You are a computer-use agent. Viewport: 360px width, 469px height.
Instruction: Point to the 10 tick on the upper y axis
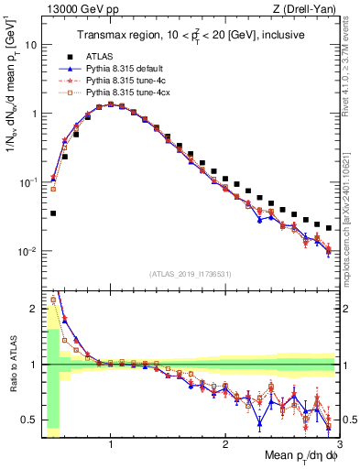tap(29, 44)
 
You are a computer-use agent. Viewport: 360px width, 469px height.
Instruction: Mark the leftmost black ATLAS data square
tap(53, 213)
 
